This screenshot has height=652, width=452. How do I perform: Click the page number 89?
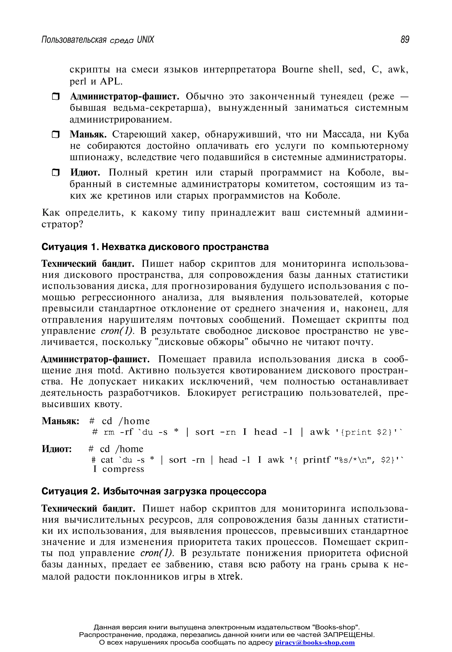click(405, 40)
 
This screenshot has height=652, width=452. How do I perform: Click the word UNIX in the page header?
click(145, 40)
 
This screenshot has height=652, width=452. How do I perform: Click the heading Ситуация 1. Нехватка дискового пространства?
click(155, 247)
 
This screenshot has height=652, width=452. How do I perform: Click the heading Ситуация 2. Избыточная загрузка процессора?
click(154, 491)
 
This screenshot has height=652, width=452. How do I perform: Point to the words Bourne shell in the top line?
click(311, 69)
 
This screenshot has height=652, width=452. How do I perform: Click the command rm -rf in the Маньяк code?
click(118, 432)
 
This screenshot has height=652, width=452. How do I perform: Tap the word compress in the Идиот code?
click(123, 469)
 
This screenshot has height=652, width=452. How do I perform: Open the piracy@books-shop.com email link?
click(315, 643)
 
